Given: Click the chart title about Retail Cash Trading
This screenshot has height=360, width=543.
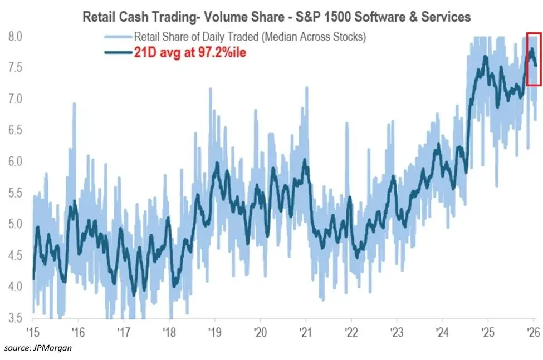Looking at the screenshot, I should tap(276, 17).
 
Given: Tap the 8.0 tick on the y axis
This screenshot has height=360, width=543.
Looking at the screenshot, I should tap(15, 37).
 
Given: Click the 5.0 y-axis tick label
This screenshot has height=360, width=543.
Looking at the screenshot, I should tap(15, 224).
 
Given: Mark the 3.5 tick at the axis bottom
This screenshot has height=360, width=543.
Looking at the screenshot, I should tap(15, 318).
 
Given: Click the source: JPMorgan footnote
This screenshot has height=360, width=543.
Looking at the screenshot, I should tap(37, 348).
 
